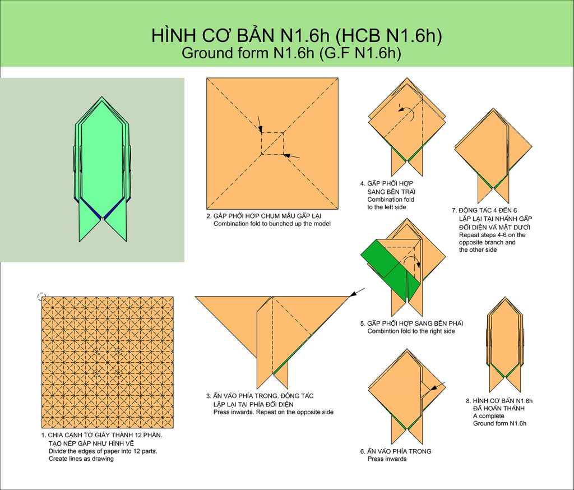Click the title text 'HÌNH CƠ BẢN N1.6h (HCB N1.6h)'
point(297,35)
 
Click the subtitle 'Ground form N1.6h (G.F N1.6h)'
point(291,53)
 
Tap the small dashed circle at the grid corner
point(41,297)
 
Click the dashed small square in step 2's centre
point(272,144)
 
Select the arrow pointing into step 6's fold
point(437,387)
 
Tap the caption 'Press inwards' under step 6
point(387,459)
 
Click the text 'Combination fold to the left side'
point(391,204)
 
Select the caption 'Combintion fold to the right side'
point(411,331)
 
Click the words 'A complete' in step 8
point(488,416)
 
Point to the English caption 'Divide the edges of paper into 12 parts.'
point(103,451)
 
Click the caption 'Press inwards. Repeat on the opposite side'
point(274,412)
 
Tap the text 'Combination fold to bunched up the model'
point(272,224)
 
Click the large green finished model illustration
point(103,169)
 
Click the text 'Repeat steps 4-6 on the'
point(492,235)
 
